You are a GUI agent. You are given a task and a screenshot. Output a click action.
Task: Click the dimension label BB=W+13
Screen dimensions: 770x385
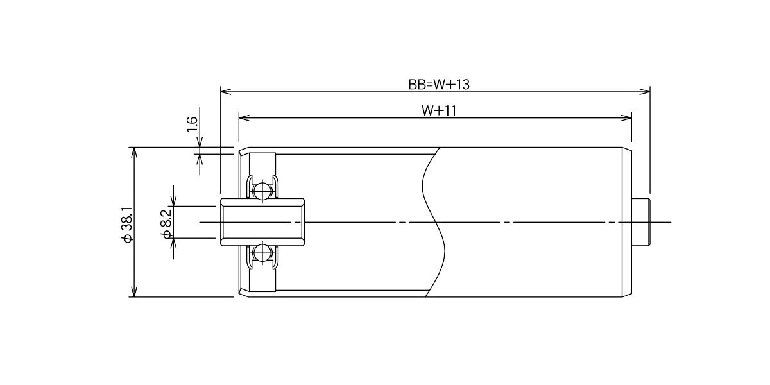[x=439, y=85]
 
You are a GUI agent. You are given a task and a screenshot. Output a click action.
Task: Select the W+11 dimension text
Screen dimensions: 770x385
[x=439, y=110]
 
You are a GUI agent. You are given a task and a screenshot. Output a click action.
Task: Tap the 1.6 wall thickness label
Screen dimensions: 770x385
[x=192, y=124]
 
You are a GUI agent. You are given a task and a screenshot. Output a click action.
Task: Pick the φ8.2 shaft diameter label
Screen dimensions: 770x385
[x=166, y=224]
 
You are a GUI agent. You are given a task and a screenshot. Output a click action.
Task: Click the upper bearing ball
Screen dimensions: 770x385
[x=262, y=190]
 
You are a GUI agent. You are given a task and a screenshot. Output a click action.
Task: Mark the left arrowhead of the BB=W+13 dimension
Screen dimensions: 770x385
[x=225, y=92]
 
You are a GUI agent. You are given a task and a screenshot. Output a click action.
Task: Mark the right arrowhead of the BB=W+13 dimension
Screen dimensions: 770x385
[x=644, y=92]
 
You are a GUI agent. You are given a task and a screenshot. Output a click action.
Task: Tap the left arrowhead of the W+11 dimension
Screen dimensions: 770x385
[x=244, y=118]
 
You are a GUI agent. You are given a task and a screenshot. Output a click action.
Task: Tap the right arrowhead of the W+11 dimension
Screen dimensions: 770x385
[x=626, y=118]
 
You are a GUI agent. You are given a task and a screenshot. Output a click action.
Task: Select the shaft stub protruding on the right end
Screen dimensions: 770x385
[x=641, y=222]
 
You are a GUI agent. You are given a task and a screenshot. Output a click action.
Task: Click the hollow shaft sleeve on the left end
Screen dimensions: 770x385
[x=262, y=222]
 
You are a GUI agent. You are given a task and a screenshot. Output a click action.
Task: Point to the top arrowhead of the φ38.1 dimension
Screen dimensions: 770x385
[x=134, y=153]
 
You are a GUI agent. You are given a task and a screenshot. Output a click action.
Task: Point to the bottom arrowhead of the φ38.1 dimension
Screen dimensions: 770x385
[x=134, y=291]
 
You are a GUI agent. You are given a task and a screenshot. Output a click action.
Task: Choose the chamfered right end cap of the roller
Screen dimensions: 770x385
[x=627, y=222]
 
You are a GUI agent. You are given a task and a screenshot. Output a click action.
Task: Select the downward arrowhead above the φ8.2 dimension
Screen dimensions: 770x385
[x=174, y=201]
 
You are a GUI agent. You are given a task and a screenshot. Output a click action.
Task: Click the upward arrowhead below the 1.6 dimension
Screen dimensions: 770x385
[x=200, y=160]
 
